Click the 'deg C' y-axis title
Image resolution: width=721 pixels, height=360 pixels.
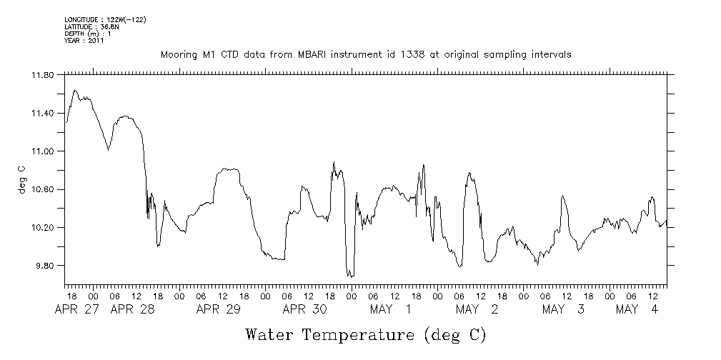coord(21,180)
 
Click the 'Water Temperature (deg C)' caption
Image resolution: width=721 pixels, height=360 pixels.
coord(365,334)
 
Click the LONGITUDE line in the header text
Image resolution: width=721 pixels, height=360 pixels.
coord(105,19)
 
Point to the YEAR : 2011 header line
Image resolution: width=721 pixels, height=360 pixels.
coord(84,41)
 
